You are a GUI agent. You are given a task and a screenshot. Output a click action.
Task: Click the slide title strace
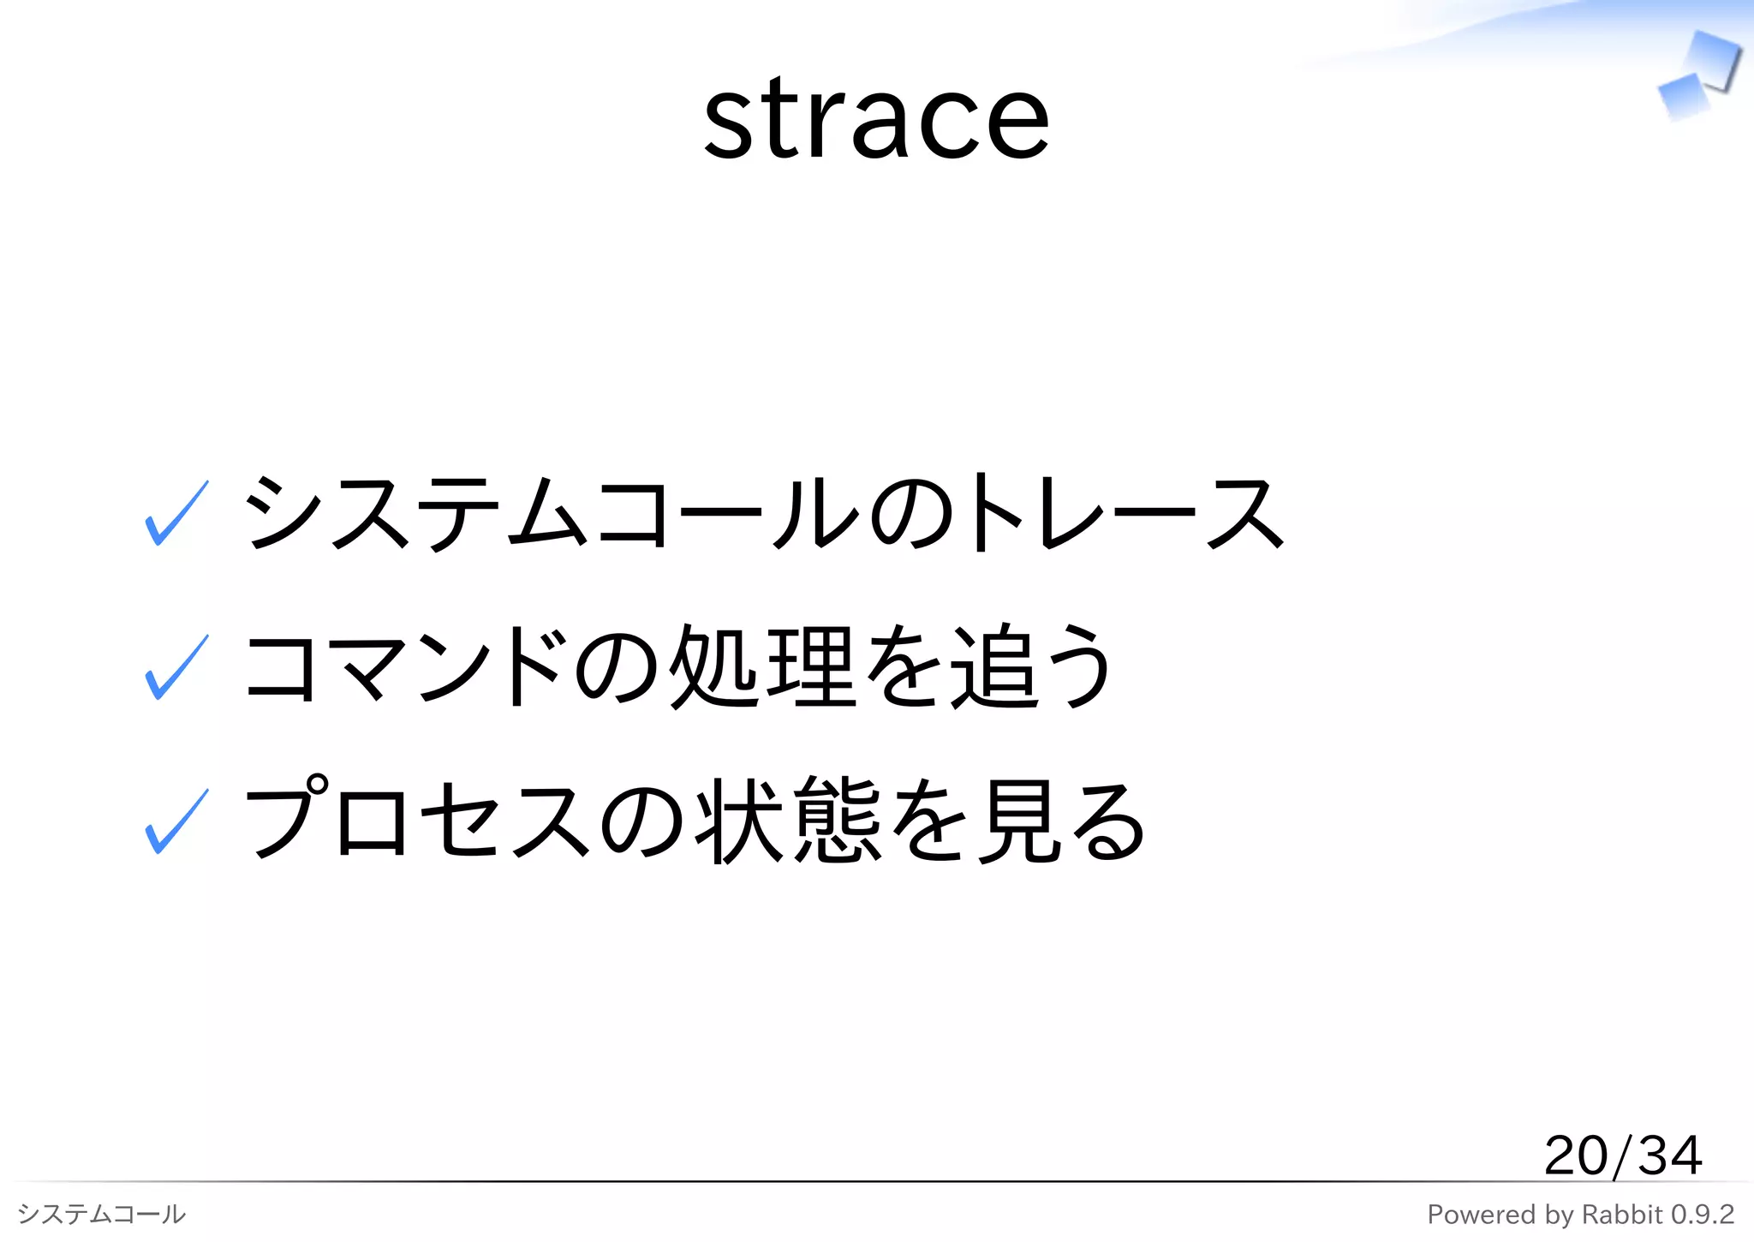tap(876, 120)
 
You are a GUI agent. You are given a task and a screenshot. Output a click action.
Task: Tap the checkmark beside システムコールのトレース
tap(176, 513)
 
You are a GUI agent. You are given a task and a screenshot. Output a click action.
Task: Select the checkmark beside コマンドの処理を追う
tap(176, 667)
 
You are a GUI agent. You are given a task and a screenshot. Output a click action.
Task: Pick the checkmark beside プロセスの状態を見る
tap(176, 821)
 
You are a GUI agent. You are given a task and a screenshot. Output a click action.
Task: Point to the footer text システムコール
tap(101, 1214)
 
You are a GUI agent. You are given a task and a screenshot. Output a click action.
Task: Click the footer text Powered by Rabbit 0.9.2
tap(1580, 1214)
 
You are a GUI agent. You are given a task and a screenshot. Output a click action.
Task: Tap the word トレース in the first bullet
tap(1126, 513)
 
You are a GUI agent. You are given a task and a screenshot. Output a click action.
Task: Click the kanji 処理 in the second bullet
tap(761, 667)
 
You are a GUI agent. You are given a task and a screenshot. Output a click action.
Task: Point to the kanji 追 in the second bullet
tap(993, 667)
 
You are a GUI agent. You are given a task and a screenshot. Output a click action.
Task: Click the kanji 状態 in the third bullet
tap(789, 821)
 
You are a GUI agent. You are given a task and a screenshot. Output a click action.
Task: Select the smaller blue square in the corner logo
tap(1682, 97)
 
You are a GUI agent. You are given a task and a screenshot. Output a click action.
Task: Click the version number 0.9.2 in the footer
tap(1702, 1214)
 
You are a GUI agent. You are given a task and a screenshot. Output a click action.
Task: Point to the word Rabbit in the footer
tap(1621, 1214)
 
